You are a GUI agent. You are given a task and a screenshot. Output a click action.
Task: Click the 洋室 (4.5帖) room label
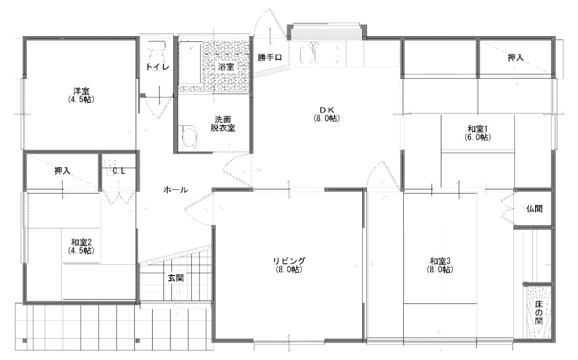81,95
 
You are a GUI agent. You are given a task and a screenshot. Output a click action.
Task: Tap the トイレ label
158,67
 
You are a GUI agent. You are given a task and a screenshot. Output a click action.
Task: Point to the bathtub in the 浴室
191,64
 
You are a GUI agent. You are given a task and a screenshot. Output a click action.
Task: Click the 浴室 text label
226,67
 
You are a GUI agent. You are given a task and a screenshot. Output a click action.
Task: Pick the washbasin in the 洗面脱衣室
189,137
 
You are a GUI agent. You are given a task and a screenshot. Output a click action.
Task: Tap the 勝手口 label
269,57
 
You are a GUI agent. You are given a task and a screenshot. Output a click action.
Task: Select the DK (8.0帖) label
327,114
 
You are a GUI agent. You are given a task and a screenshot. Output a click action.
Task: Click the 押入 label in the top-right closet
515,57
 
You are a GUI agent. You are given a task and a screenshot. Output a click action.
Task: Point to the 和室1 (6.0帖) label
477,133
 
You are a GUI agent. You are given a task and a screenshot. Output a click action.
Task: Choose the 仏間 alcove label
534,208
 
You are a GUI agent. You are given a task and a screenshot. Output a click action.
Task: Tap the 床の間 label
539,313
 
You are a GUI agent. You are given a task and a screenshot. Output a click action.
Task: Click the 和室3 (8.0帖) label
440,265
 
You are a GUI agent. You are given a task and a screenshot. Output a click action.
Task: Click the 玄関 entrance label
176,278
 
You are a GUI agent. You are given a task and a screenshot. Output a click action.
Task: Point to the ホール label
176,190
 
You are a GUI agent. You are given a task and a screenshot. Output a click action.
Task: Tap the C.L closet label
118,171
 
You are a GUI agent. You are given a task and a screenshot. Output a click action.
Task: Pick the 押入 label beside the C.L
63,171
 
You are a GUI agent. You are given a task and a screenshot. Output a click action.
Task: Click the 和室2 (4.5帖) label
81,246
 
